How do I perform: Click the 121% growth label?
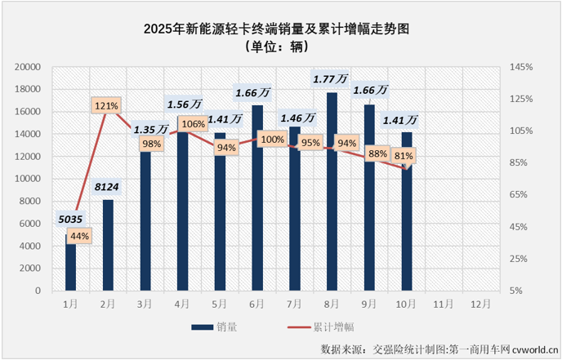(x=107, y=105)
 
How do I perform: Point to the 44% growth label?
(x=79, y=236)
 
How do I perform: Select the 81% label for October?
(x=403, y=155)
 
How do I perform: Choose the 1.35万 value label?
(x=151, y=128)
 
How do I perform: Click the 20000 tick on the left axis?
(x=29, y=67)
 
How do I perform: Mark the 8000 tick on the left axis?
(x=32, y=201)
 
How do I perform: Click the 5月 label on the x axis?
(x=220, y=302)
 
